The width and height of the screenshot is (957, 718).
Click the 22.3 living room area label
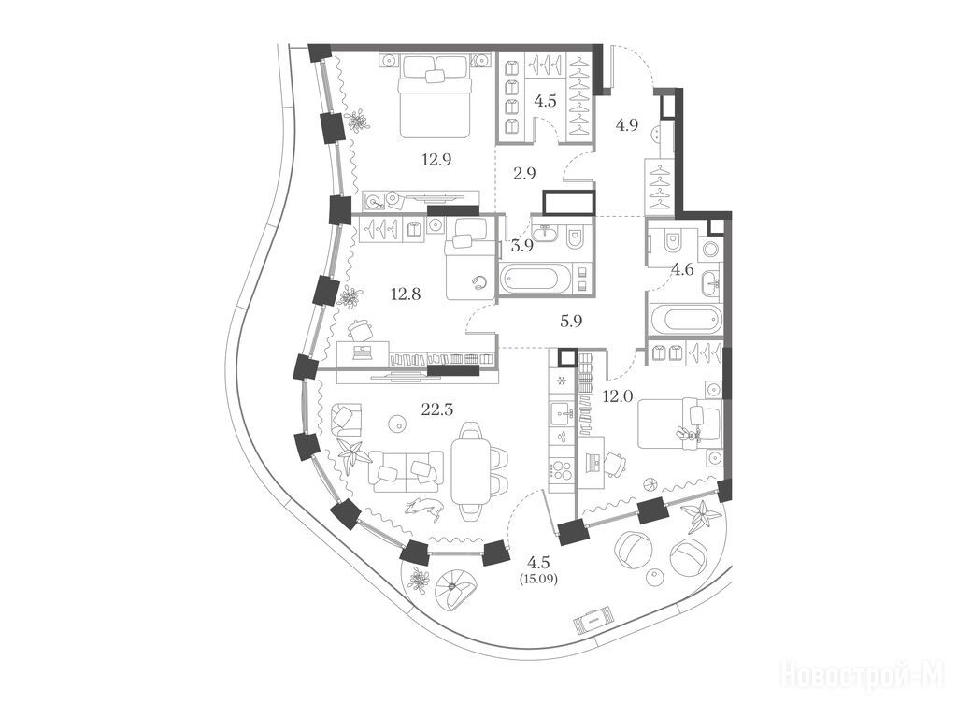[x=437, y=409]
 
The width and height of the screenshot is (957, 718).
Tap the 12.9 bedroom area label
[x=437, y=160]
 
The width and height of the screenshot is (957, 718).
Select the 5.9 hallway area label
[x=571, y=321]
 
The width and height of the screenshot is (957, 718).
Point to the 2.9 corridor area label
[x=524, y=173]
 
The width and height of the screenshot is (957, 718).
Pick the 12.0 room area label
[x=617, y=396]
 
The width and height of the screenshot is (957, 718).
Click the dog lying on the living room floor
[x=423, y=508]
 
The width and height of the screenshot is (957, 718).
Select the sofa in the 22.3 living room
[x=407, y=471]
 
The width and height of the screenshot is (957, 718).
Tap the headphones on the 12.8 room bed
[x=480, y=281]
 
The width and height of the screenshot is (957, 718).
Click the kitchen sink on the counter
[x=562, y=415]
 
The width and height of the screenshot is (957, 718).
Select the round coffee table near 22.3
[x=397, y=422]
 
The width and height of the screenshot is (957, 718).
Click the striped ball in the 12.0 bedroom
[x=651, y=483]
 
